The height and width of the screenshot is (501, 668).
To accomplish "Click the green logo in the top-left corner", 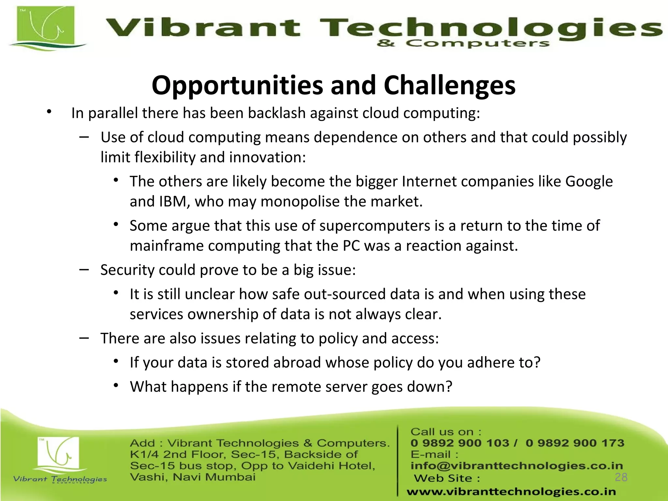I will point(46,28).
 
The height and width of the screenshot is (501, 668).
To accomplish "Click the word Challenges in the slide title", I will point(449,85).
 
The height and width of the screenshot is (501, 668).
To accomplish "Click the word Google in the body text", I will point(589,181).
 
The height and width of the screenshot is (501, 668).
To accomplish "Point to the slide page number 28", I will point(621,477).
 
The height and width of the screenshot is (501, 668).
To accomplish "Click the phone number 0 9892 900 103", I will point(460,443).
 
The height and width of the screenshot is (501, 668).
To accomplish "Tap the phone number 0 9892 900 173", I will point(575,443).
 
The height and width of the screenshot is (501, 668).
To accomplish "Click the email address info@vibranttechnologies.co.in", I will point(517,466).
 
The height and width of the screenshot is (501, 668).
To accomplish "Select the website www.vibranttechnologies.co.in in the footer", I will point(511,492).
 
